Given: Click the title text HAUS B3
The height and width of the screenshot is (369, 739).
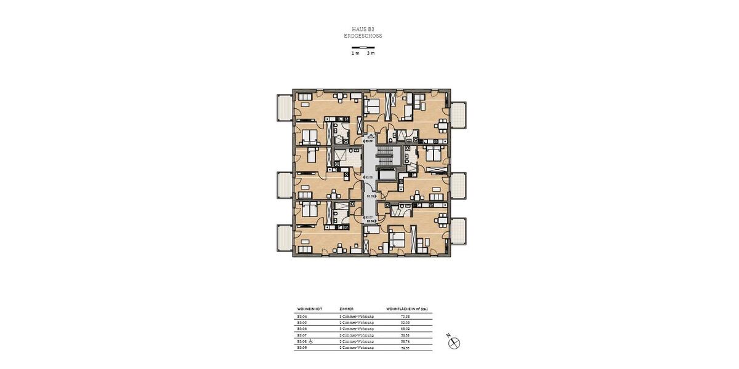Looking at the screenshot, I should click(363, 29).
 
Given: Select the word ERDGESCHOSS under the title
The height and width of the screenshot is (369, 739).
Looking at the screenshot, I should click(363, 36).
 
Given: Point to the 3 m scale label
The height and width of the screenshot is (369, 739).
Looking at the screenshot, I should click(370, 54).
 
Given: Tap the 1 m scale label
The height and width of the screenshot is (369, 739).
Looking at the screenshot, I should click(355, 54).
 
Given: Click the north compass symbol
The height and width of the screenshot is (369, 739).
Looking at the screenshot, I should click(454, 343).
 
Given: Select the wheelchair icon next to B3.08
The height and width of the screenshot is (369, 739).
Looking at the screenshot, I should click(311, 341).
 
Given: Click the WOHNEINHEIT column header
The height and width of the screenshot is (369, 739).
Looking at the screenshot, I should click(310, 309).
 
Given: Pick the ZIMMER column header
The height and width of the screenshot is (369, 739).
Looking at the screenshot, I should click(346, 309).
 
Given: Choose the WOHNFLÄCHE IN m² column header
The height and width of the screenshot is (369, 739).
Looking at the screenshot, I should click(406, 309).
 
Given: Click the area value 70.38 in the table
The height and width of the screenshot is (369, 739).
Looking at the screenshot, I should click(405, 316).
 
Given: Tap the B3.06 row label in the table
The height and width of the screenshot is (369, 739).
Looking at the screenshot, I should click(302, 329).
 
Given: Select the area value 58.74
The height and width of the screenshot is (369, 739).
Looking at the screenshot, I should click(405, 341).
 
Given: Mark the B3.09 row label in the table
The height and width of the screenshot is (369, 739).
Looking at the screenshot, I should click(302, 347).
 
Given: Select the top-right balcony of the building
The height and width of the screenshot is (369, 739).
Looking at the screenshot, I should click(458, 115).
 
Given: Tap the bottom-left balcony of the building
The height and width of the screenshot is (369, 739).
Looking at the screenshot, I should click(285, 239).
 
